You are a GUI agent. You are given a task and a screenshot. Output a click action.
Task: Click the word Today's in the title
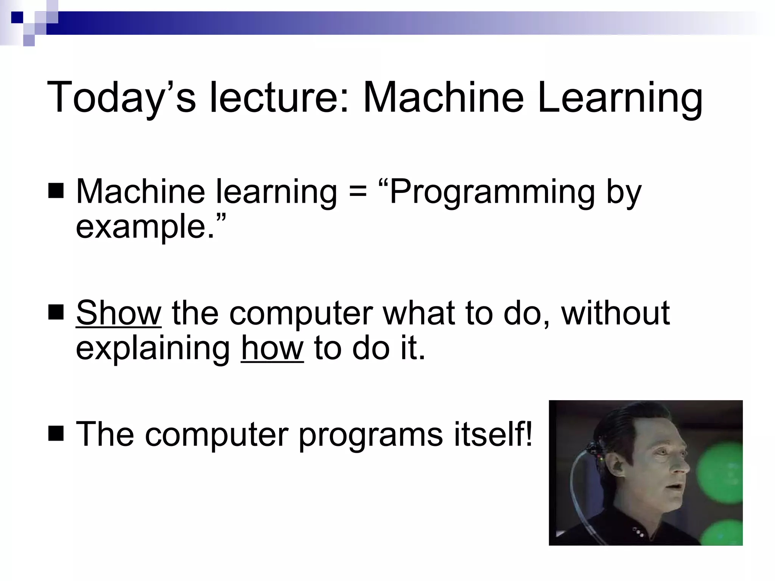coord(121,98)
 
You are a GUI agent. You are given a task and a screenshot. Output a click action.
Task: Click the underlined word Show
coord(119,313)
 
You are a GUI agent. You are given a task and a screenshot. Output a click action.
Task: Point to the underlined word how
coord(272,348)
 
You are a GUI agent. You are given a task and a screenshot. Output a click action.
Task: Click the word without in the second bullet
coord(615,313)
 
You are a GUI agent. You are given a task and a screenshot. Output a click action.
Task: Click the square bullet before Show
coord(56,312)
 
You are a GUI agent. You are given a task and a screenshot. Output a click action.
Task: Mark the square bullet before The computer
coord(56,433)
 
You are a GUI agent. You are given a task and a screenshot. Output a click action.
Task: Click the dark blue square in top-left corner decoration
coord(17,17)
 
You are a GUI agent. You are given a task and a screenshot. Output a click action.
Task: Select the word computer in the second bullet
coord(301,314)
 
